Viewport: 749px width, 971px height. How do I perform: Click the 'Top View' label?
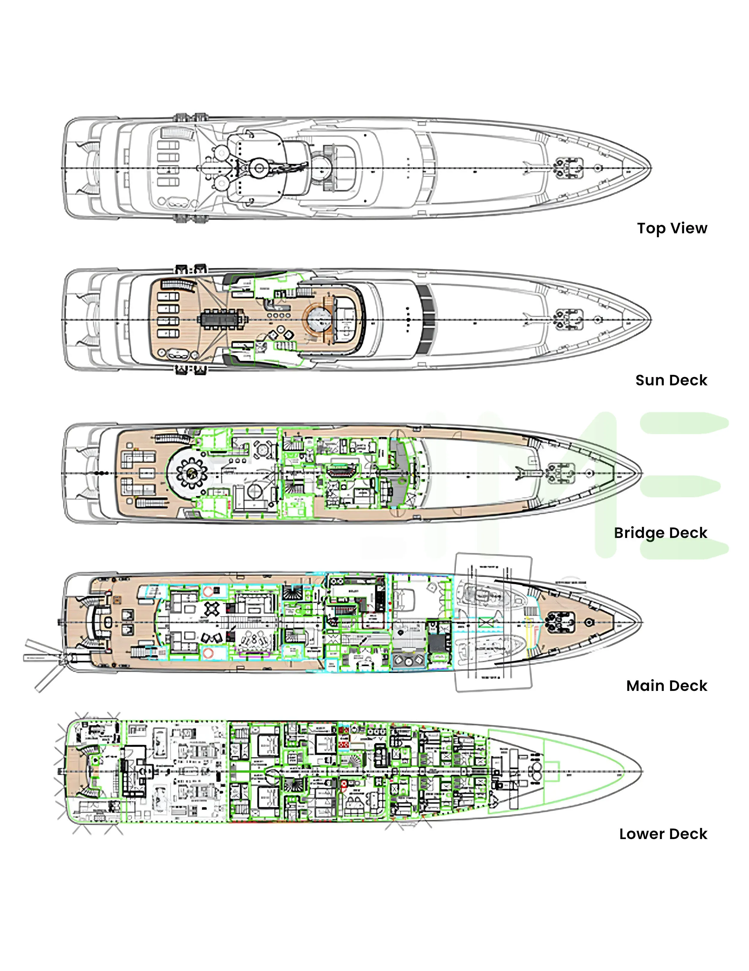672,228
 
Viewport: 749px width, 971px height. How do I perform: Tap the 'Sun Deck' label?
671,380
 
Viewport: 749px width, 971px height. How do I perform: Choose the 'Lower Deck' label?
663,834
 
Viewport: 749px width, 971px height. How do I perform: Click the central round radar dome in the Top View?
259,168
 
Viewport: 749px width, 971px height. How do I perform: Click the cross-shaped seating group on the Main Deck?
212,609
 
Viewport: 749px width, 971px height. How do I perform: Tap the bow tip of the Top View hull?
650,169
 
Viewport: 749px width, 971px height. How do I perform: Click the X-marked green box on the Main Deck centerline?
487,622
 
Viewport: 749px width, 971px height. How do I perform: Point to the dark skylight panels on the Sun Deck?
427,320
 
